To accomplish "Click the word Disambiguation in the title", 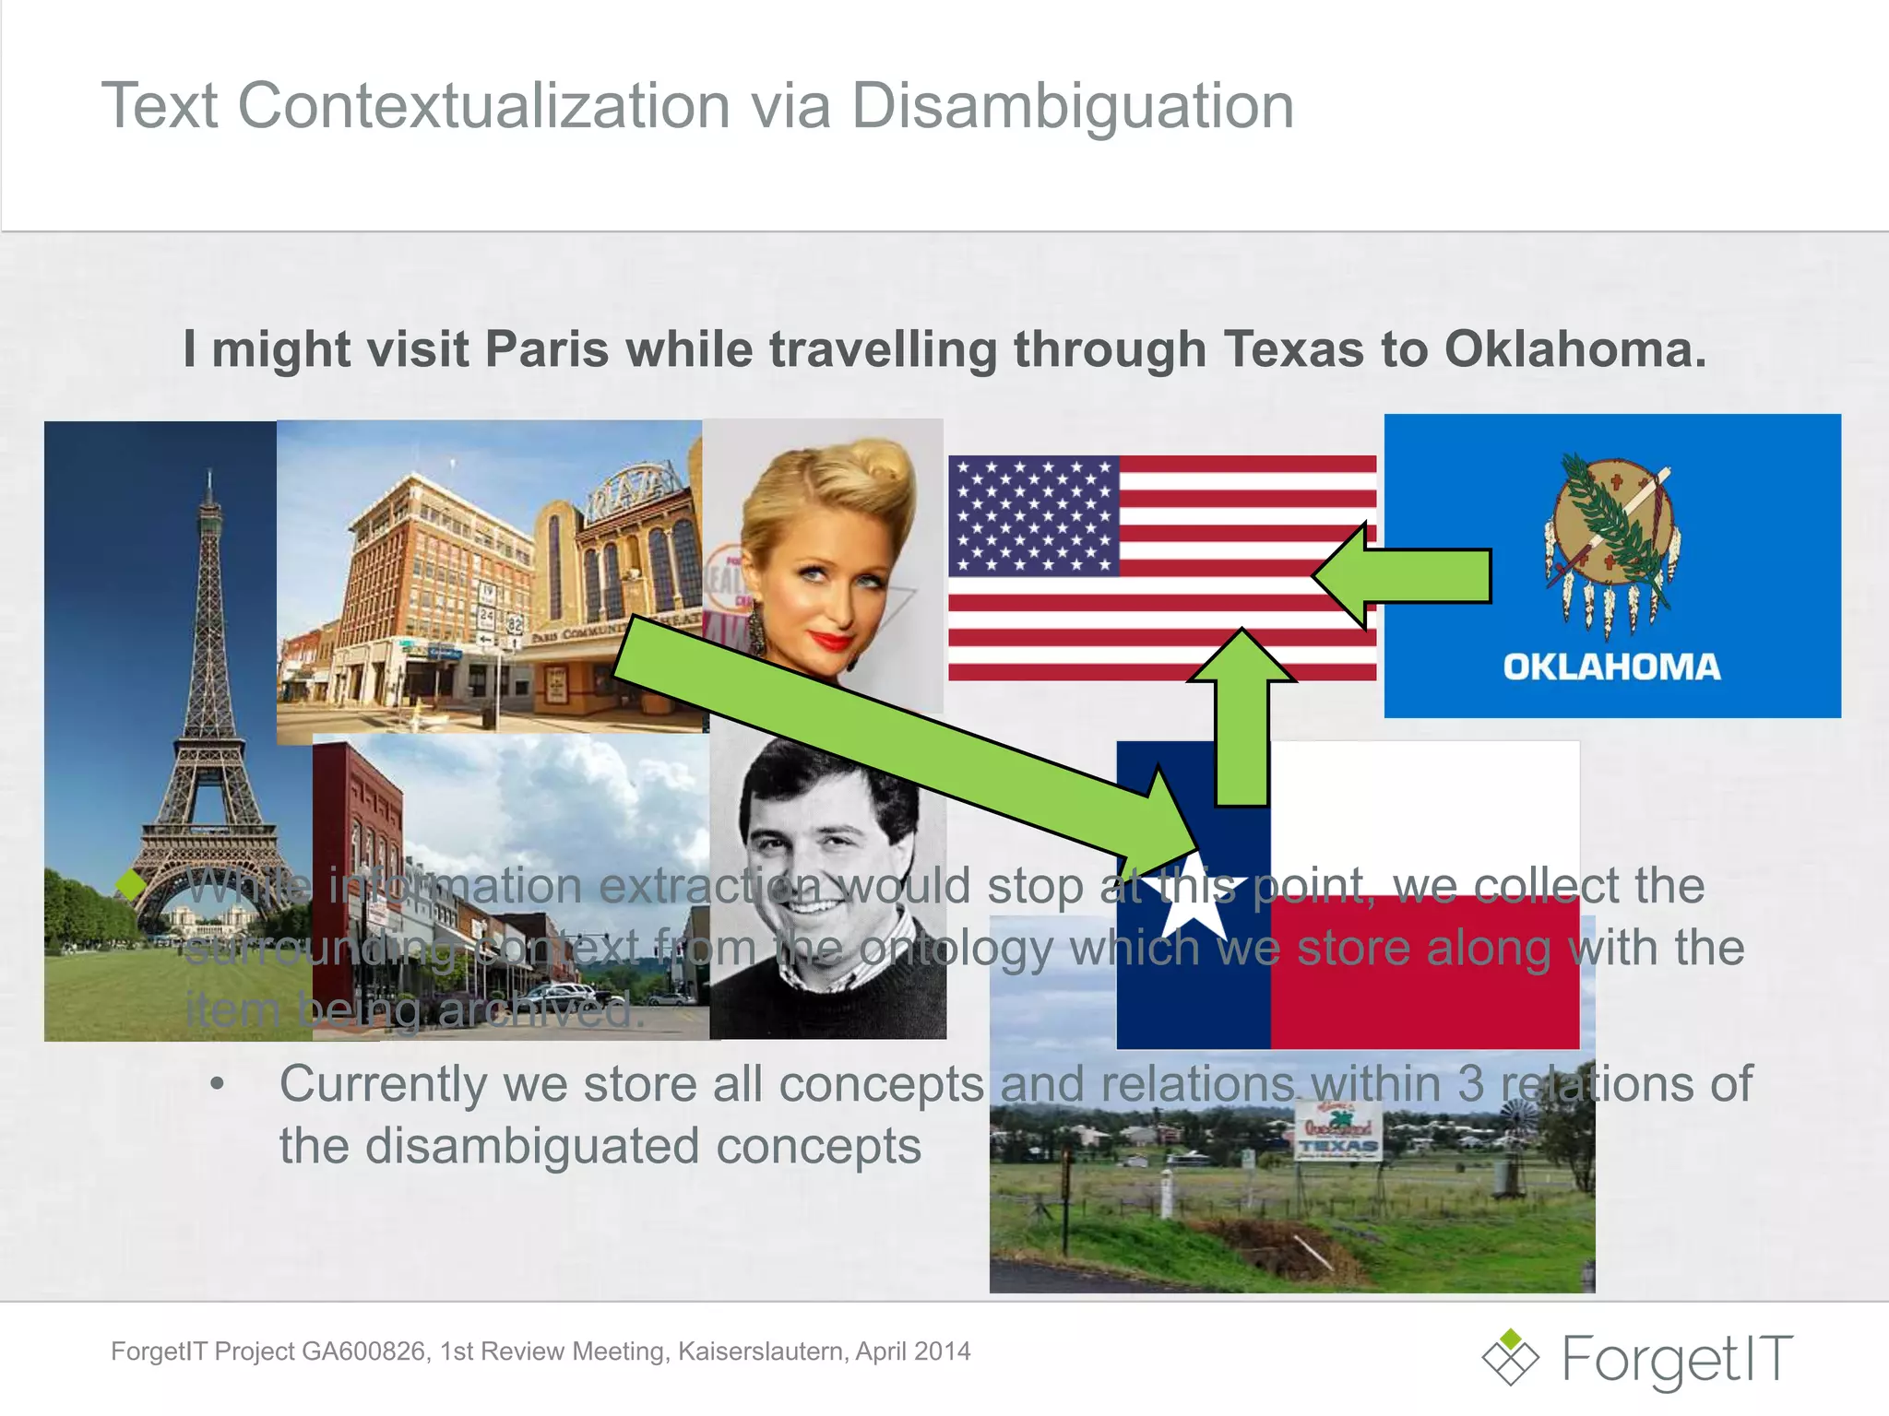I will coord(1072,106).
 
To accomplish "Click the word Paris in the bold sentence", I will coord(546,349).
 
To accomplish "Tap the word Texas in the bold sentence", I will coord(1294,349).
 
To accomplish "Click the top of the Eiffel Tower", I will coord(210,479).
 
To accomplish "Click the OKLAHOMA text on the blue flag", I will coord(1611,667).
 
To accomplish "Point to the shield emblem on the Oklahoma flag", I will coord(1612,535).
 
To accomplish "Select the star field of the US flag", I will coord(1034,515).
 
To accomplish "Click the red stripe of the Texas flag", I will coord(1425,977).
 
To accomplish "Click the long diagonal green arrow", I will coord(885,728).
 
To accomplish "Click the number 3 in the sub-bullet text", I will coord(1470,1084).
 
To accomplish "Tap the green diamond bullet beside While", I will coord(132,884).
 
